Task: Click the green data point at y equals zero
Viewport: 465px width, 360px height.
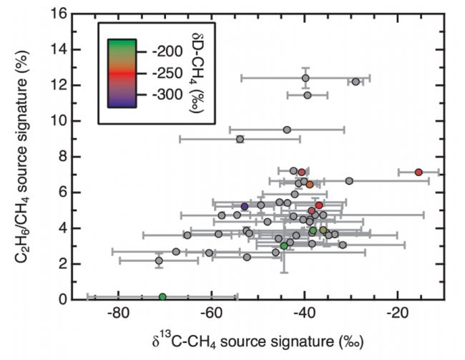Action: (x=162, y=297)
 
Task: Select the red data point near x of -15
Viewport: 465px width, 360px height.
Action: (x=418, y=172)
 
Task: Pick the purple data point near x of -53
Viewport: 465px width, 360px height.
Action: (x=245, y=206)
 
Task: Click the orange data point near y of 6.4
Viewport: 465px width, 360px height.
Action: (x=310, y=185)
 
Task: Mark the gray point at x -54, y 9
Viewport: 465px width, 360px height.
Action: (x=240, y=139)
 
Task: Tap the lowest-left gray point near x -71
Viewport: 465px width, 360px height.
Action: (x=159, y=261)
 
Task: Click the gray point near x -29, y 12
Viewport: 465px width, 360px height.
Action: (x=356, y=82)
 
